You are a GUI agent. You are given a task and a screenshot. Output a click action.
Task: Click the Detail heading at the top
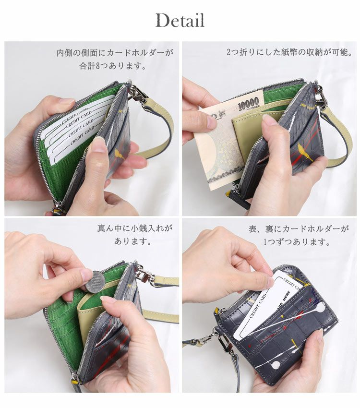(x=180, y=21)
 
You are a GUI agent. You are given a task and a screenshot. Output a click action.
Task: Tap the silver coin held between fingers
(x=95, y=281)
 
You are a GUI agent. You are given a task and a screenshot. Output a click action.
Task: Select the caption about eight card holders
(x=114, y=59)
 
